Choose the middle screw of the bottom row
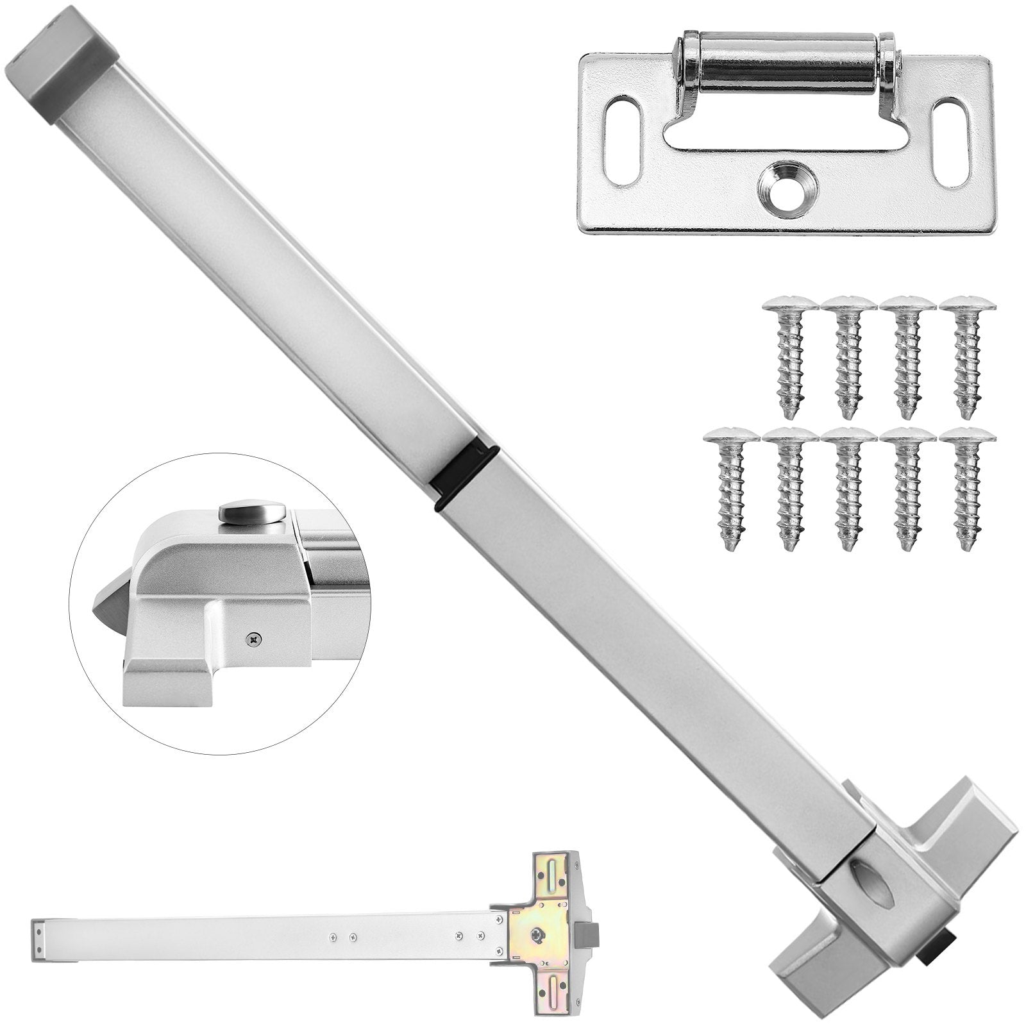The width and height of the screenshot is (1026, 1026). pos(848,487)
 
